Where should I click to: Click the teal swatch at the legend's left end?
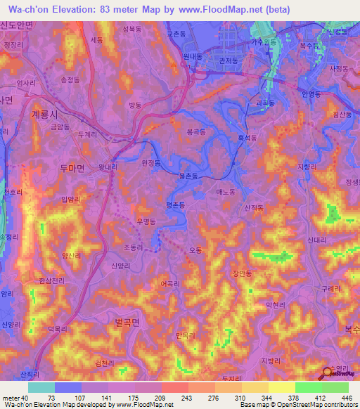(41, 387)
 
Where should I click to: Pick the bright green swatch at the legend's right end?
(335, 387)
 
